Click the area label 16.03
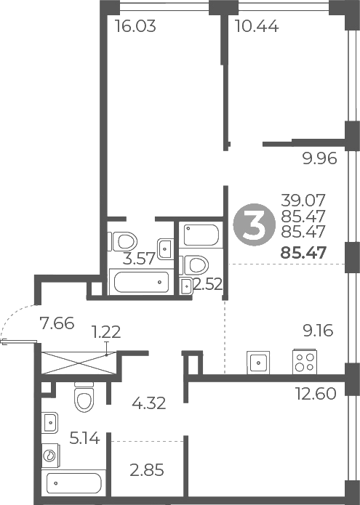137,27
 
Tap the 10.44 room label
257,27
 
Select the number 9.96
320,158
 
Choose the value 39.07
305,199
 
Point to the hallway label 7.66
58,323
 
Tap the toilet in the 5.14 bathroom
84,398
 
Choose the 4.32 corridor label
149,403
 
